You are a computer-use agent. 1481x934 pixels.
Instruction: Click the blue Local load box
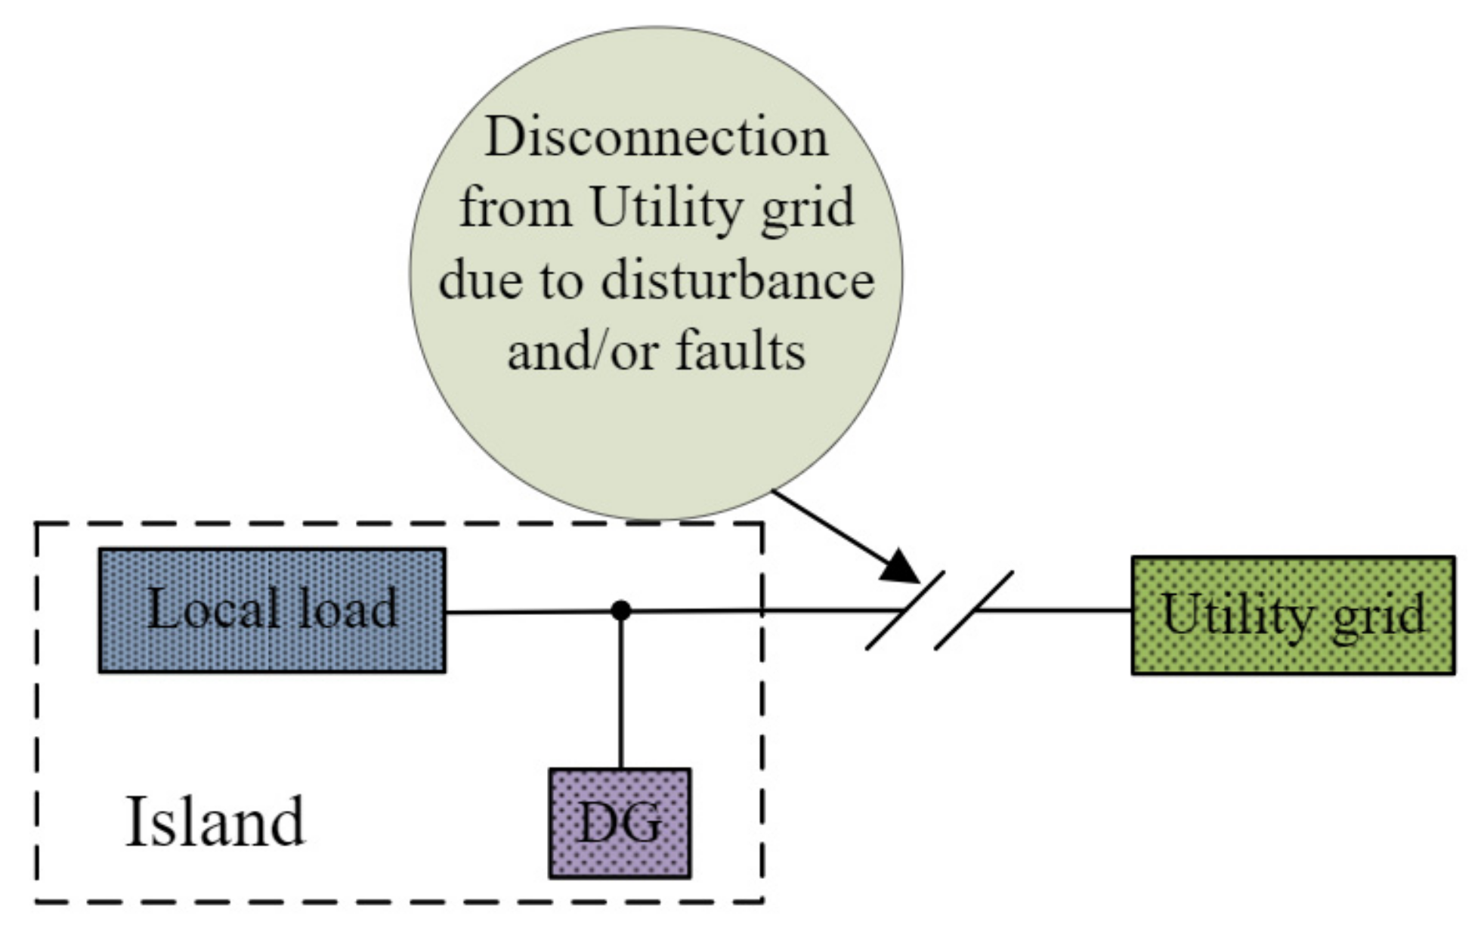pyautogui.click(x=272, y=611)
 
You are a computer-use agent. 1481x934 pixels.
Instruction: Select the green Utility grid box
pyautogui.click(x=1292, y=615)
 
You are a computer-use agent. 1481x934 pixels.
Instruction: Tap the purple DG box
pyautogui.click(x=620, y=823)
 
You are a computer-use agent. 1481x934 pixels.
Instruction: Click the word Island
pyautogui.click(x=215, y=821)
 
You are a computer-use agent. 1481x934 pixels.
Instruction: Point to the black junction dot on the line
pyautogui.click(x=620, y=611)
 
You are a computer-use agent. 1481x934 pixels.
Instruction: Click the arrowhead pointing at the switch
pyautogui.click(x=901, y=567)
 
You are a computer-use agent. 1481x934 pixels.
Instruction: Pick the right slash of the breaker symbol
pyautogui.click(x=974, y=611)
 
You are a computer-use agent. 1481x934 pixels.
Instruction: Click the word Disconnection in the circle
pyautogui.click(x=656, y=138)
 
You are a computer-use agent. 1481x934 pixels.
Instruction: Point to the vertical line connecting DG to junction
pyautogui.click(x=620, y=691)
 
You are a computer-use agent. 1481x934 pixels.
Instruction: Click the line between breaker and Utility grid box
pyautogui.click(x=1058, y=611)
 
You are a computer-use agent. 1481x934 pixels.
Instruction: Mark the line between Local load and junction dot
pyautogui.click(x=529, y=611)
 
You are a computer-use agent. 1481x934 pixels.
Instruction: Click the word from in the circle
pyautogui.click(x=515, y=208)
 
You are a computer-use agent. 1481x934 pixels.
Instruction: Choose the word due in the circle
pyautogui.click(x=479, y=280)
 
